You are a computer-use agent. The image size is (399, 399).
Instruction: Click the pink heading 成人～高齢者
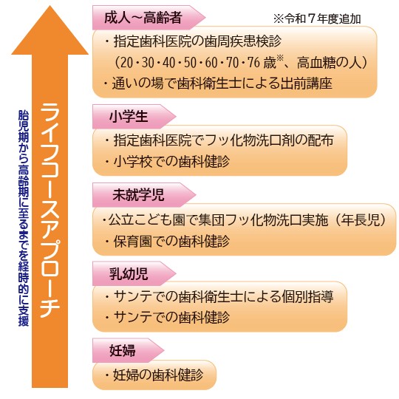143,18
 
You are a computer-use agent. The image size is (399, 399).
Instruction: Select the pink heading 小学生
129,117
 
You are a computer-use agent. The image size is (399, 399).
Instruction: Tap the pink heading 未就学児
138,195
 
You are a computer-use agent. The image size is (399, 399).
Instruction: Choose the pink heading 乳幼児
129,273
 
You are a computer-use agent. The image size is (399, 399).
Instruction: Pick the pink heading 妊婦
123,350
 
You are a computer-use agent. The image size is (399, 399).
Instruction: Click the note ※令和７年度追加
317,18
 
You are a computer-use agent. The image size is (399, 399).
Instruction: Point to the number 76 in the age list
253,63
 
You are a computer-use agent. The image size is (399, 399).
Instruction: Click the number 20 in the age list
127,63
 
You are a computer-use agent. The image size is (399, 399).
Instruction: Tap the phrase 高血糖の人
329,63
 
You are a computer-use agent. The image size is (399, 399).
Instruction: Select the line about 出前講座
219,83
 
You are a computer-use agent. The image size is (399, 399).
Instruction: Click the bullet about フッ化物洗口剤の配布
219,140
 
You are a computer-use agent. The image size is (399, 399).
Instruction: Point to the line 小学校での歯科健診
168,161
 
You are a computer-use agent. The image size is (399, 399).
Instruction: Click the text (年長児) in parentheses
361,220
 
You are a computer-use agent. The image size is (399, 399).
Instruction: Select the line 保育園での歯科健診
168,241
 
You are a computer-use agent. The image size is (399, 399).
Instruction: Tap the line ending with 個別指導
219,296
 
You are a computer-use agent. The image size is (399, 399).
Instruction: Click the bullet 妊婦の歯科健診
154,375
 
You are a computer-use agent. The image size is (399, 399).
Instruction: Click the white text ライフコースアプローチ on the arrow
50,211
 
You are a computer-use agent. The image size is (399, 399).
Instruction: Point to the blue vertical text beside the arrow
24,218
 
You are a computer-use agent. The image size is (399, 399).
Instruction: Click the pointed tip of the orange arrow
50,6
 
